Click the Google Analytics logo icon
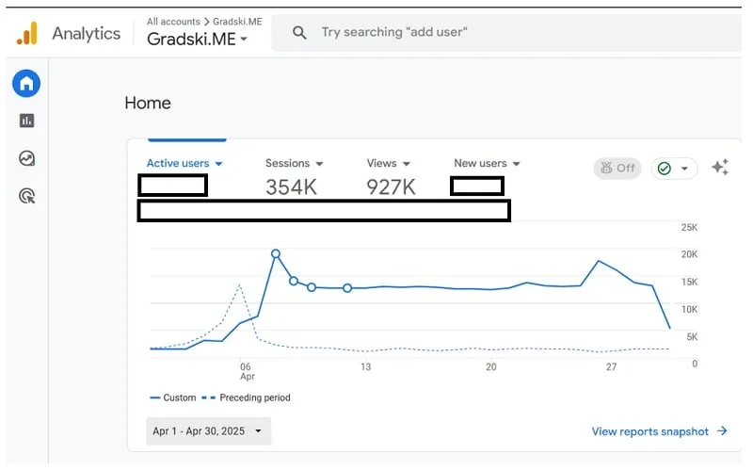[x=27, y=34]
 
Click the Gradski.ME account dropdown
[x=198, y=39]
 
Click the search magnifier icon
[x=299, y=32]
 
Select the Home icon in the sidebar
[x=26, y=83]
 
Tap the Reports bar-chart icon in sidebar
[x=26, y=121]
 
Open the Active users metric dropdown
[x=184, y=164]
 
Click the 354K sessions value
[x=291, y=187]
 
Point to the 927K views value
[x=391, y=187]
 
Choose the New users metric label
[x=480, y=164]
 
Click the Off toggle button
[x=617, y=168]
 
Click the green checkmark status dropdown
[x=673, y=168]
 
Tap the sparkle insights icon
[x=720, y=168]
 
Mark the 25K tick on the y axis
[x=689, y=228]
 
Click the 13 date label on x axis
[x=365, y=367]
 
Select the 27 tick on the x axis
[x=611, y=367]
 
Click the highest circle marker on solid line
[x=276, y=253]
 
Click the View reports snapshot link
[x=659, y=431]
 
